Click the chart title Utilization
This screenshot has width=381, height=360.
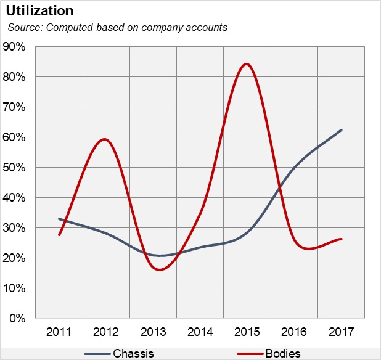(39, 11)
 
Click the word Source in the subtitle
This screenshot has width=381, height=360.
(22, 27)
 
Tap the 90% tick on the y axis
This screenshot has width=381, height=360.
(15, 47)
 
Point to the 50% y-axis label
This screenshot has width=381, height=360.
(15, 168)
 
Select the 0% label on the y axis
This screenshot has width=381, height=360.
(17, 319)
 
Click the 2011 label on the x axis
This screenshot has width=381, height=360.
(59, 332)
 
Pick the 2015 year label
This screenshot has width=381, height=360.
(247, 332)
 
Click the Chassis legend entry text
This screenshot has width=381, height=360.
(133, 353)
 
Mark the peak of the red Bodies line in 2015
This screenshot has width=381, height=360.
(247, 64)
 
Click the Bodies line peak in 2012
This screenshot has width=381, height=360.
(105, 139)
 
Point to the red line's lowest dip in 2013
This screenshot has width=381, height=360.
(159, 269)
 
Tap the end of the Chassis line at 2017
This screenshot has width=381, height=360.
(341, 130)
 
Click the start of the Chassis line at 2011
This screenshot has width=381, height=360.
(59, 219)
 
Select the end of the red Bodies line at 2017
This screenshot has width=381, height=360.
(341, 239)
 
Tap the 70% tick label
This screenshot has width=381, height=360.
(15, 107)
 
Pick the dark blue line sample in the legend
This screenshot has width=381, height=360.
(97, 354)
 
